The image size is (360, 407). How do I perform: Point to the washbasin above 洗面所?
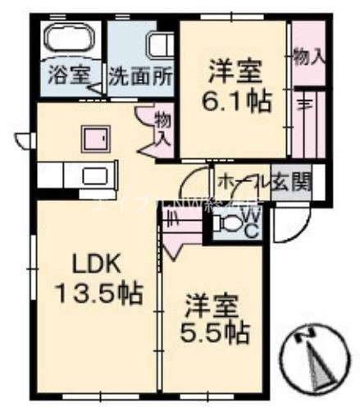(160, 45)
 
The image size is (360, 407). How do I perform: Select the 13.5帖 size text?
(97, 292)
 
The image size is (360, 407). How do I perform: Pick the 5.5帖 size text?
(214, 334)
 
